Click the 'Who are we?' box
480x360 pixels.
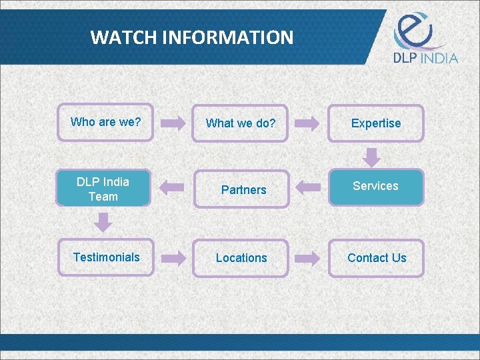coord(105,123)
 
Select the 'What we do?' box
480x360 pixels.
coord(240,123)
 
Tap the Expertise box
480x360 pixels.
coord(376,123)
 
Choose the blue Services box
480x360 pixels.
coord(376,187)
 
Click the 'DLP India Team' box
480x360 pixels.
coord(104,188)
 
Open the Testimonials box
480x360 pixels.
coord(105,257)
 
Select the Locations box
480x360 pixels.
coord(240,258)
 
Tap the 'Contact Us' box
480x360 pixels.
coord(376,258)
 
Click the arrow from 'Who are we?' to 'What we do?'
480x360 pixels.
coord(173,123)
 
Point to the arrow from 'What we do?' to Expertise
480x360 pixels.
coord(307,123)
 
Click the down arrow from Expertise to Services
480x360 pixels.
coord(373,158)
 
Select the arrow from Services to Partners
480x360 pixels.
coord(307,187)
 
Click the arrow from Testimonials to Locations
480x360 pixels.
coord(173,258)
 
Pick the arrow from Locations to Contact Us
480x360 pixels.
coord(307,258)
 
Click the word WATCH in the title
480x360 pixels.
coord(117,37)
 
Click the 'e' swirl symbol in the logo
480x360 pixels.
coord(413,29)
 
